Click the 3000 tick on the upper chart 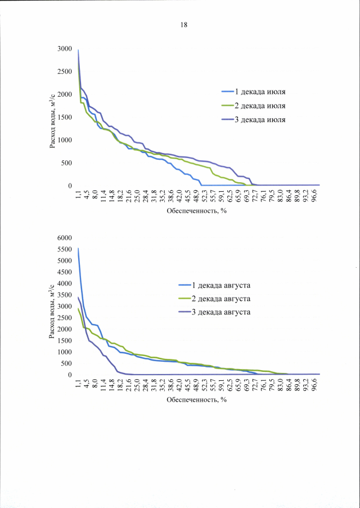(64, 49)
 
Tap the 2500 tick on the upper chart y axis (64, 72)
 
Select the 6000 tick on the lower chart (64, 238)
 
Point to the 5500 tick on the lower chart (64, 249)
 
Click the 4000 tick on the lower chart (64, 284)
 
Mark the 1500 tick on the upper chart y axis (64, 117)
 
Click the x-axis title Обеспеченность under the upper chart (196, 211)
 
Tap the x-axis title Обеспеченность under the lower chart (196, 400)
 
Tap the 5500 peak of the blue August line (78, 249)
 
